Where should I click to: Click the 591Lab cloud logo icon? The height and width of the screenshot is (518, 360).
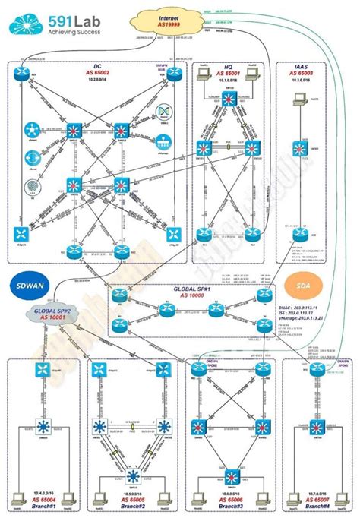[x=26, y=25]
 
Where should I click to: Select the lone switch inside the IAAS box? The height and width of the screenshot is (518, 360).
[x=302, y=149]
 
